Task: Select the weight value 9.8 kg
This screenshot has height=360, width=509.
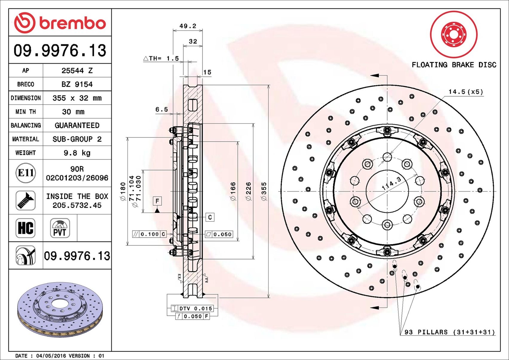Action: pyautogui.click(x=77, y=153)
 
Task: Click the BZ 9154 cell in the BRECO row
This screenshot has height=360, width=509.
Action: pyautogui.click(x=77, y=84)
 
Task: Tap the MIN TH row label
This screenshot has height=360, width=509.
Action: pyautogui.click(x=26, y=112)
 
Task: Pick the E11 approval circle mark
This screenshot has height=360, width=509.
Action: pyautogui.click(x=26, y=173)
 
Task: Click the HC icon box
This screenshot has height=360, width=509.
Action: pyautogui.click(x=26, y=228)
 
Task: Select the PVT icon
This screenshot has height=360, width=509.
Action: pyautogui.click(x=60, y=228)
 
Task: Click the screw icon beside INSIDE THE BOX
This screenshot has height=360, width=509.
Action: pyautogui.click(x=26, y=200)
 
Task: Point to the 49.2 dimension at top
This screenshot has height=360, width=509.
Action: pyautogui.click(x=188, y=26)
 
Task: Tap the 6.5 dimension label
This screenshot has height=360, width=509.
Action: pyautogui.click(x=161, y=110)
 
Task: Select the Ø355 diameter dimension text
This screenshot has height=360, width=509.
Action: pyautogui.click(x=264, y=191)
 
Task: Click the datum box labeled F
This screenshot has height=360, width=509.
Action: pyautogui.click(x=157, y=201)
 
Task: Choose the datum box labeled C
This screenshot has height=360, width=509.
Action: pyautogui.click(x=210, y=217)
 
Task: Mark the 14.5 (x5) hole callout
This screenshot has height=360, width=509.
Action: pyautogui.click(x=466, y=92)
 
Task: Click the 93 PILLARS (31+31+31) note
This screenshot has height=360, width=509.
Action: pyautogui.click(x=449, y=332)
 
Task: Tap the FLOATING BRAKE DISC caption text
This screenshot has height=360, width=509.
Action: pyautogui.click(x=454, y=65)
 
